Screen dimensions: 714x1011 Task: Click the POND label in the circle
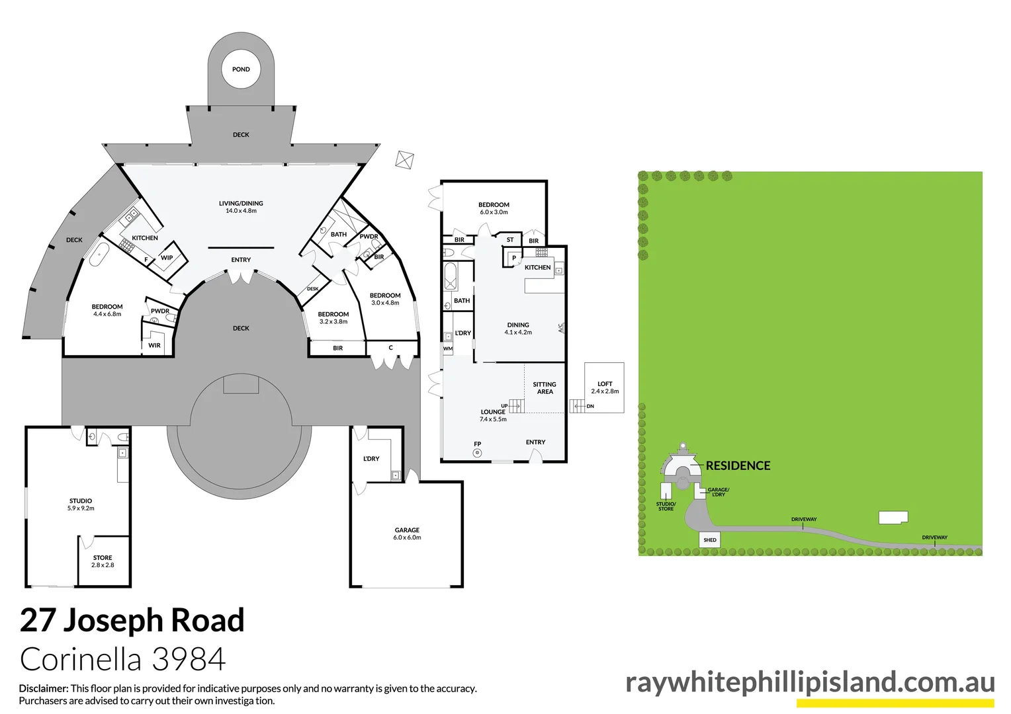tap(241, 69)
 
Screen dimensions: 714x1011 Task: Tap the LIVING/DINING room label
tap(241, 207)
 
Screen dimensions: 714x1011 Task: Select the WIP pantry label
tap(167, 258)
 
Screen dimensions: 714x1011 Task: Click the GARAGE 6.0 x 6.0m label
tap(407, 534)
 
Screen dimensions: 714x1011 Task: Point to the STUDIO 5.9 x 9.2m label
tap(81, 504)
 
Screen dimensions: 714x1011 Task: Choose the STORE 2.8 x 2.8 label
tap(103, 561)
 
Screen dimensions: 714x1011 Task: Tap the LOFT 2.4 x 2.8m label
tap(605, 387)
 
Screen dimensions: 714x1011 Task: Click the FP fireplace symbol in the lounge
tap(477, 453)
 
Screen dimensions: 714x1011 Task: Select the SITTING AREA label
tap(545, 388)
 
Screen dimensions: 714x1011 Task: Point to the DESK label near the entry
tap(312, 289)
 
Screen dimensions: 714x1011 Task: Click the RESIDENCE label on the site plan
tap(738, 465)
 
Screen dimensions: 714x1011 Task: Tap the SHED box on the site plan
tap(710, 540)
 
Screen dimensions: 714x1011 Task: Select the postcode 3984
tap(189, 659)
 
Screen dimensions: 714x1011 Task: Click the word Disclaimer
tap(43, 688)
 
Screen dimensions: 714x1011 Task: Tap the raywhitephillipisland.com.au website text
tap(810, 682)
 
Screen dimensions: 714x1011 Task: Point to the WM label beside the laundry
tap(448, 348)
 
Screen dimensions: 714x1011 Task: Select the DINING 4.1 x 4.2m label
tap(518, 329)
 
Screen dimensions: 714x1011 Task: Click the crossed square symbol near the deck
tap(405, 160)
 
